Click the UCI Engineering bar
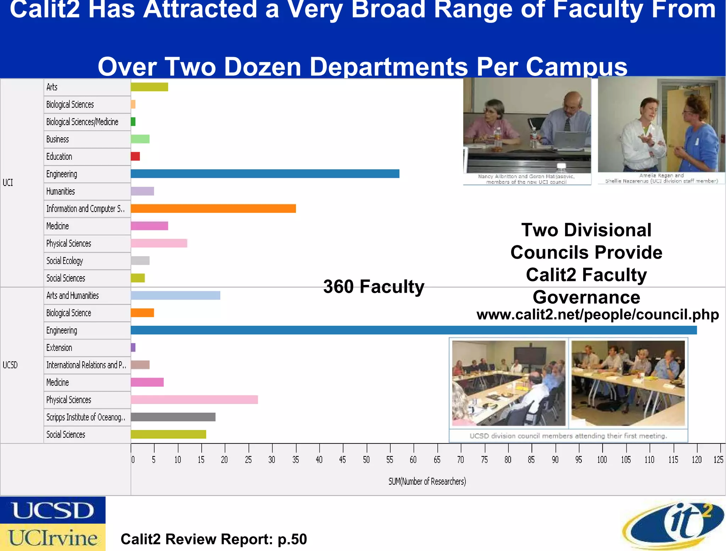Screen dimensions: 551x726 265,173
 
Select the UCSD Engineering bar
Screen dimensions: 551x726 413,330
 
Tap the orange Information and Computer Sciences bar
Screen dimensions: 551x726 213,209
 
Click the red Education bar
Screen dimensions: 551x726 135,156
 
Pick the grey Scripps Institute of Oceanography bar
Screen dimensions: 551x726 173,417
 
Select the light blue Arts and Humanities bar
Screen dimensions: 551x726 175,295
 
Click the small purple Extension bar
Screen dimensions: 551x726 133,347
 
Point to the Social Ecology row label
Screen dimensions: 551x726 65,261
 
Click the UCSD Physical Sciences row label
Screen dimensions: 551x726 69,400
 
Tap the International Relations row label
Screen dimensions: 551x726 86,365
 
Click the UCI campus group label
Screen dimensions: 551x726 8,182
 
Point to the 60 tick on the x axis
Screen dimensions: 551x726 413,460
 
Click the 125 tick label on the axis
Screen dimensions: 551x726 718,460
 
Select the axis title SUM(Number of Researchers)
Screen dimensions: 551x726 427,481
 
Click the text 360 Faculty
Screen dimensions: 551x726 374,286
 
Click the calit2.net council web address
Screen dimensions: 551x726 598,314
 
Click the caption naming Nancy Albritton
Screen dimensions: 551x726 526,179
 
